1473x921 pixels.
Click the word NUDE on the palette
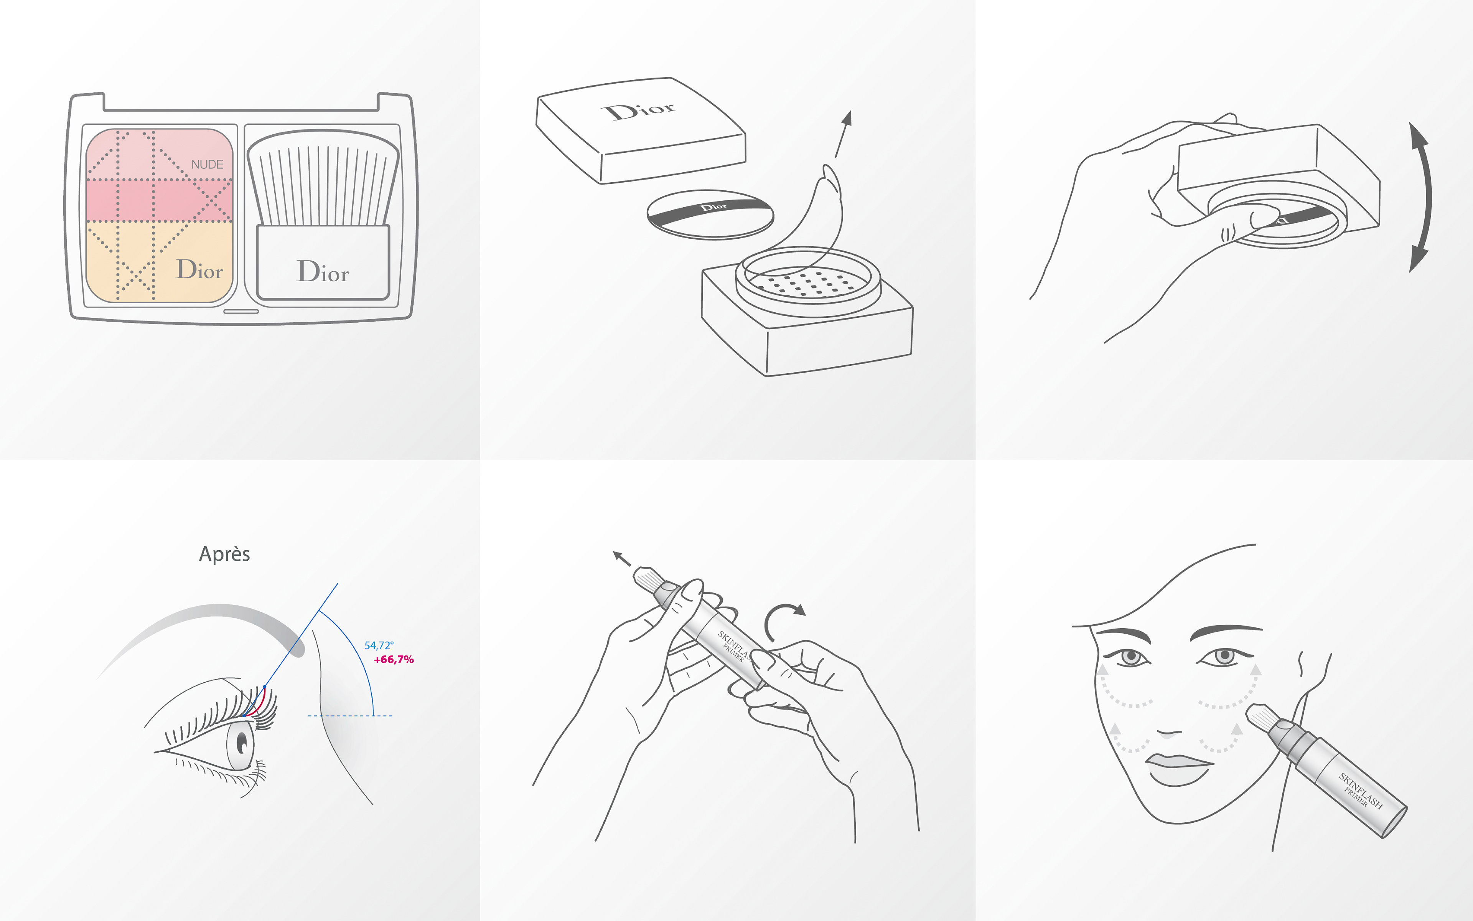click(x=207, y=165)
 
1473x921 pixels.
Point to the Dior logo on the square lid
click(x=639, y=111)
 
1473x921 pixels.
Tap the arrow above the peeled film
click(x=843, y=134)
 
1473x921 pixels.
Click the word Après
click(x=225, y=554)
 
